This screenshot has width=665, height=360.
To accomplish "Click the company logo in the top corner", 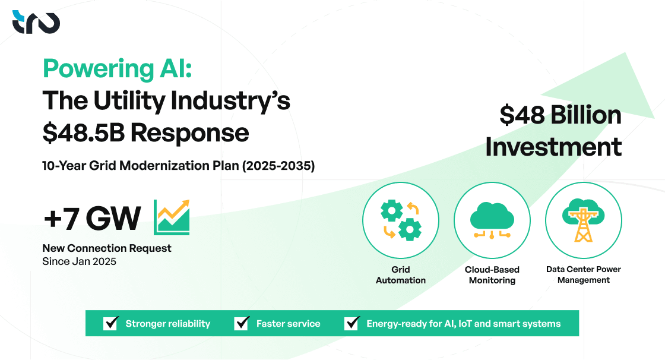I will point(36,22).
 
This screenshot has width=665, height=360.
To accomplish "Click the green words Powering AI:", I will point(117,70).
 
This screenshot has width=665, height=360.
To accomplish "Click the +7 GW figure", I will point(91,219).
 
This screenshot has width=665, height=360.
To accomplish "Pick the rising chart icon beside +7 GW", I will point(172,217).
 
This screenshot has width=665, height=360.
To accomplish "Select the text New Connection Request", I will point(107,248).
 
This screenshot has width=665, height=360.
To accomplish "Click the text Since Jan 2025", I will point(79,261).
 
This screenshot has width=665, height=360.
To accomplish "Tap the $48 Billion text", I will point(560,115).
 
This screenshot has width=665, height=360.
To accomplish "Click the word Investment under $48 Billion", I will point(553,147).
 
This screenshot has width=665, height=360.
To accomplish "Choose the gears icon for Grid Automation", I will point(401,219).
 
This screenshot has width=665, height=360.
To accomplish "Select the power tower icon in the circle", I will point(583,220).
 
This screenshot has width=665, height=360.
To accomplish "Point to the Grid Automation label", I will point(401,274).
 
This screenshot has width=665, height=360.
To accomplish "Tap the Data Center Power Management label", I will point(583,274).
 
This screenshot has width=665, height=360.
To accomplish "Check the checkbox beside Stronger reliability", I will point(111,323).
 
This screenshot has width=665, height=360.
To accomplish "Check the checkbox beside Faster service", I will point(242,323).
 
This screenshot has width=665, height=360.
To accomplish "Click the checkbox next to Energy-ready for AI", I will point(352,323).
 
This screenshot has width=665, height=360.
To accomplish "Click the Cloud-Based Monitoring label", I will point(492,274).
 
